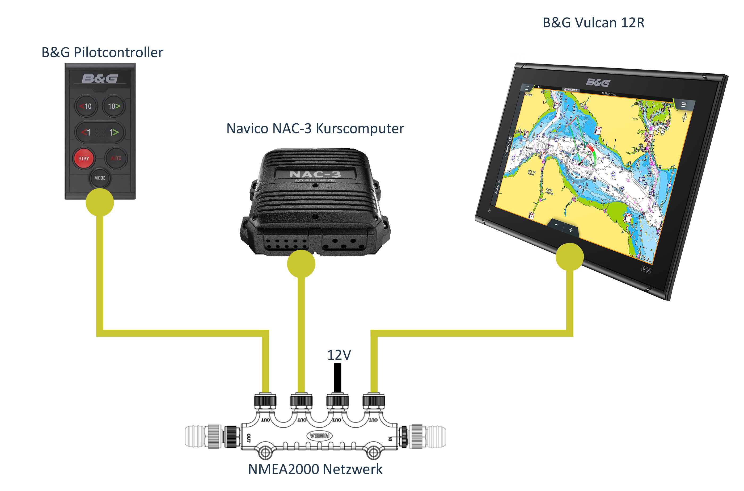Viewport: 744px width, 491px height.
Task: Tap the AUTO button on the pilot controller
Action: coord(116,158)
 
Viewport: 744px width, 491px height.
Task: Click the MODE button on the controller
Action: coord(100,178)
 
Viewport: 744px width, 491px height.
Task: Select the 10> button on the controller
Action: coord(114,106)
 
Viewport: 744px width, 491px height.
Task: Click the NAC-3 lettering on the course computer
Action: coord(315,174)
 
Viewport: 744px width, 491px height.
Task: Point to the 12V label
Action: coord(339,355)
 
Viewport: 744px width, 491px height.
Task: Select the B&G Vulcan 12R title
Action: coord(593,23)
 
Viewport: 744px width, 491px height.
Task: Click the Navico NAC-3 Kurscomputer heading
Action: coord(315,128)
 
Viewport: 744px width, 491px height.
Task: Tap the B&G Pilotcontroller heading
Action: coord(102,52)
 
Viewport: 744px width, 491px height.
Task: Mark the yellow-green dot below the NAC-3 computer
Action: coord(301,264)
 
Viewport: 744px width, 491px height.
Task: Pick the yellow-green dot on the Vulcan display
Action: coord(569,257)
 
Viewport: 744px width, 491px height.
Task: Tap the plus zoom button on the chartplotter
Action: coord(571,230)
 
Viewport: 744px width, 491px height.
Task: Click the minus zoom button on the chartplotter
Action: coord(556,225)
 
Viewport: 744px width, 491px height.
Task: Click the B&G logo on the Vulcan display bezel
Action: coord(598,83)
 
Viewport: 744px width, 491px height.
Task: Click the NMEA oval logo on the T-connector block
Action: coord(320,436)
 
